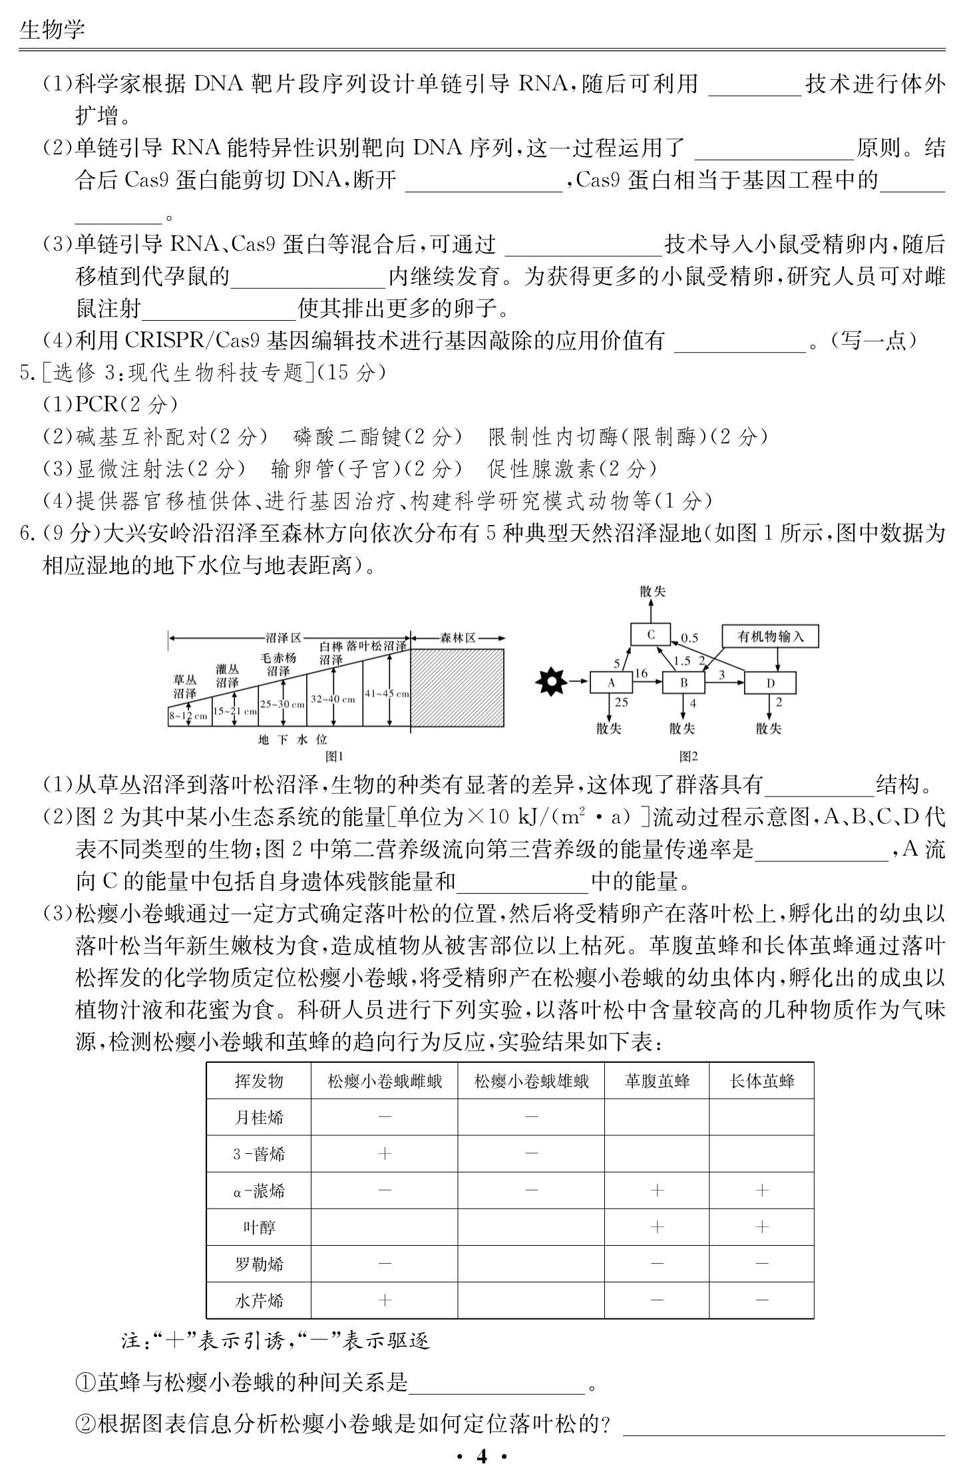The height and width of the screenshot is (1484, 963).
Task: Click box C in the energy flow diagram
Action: click(x=651, y=635)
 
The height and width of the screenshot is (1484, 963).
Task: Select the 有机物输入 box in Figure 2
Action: click(x=770, y=637)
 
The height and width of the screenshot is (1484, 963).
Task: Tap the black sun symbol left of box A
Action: click(x=552, y=681)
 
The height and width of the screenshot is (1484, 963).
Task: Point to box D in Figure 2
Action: click(x=769, y=683)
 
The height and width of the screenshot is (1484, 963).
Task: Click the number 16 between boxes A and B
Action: click(x=641, y=673)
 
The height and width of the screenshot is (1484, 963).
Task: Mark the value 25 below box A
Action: click(x=622, y=702)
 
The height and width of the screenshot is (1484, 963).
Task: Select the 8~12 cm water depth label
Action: click(x=188, y=716)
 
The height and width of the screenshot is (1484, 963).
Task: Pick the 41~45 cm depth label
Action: click(x=387, y=693)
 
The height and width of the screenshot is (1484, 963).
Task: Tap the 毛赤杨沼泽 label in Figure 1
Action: click(x=278, y=664)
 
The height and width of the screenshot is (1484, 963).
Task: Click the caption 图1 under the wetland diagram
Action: click(x=333, y=756)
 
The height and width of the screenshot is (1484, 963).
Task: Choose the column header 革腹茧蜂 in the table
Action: click(x=656, y=1081)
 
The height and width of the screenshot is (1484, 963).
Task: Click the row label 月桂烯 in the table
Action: click(x=259, y=1117)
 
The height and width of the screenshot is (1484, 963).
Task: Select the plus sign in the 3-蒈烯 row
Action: click(x=385, y=1153)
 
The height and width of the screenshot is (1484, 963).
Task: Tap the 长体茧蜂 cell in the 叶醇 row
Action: click(x=761, y=1226)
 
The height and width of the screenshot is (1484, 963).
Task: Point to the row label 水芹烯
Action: click(x=259, y=1300)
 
